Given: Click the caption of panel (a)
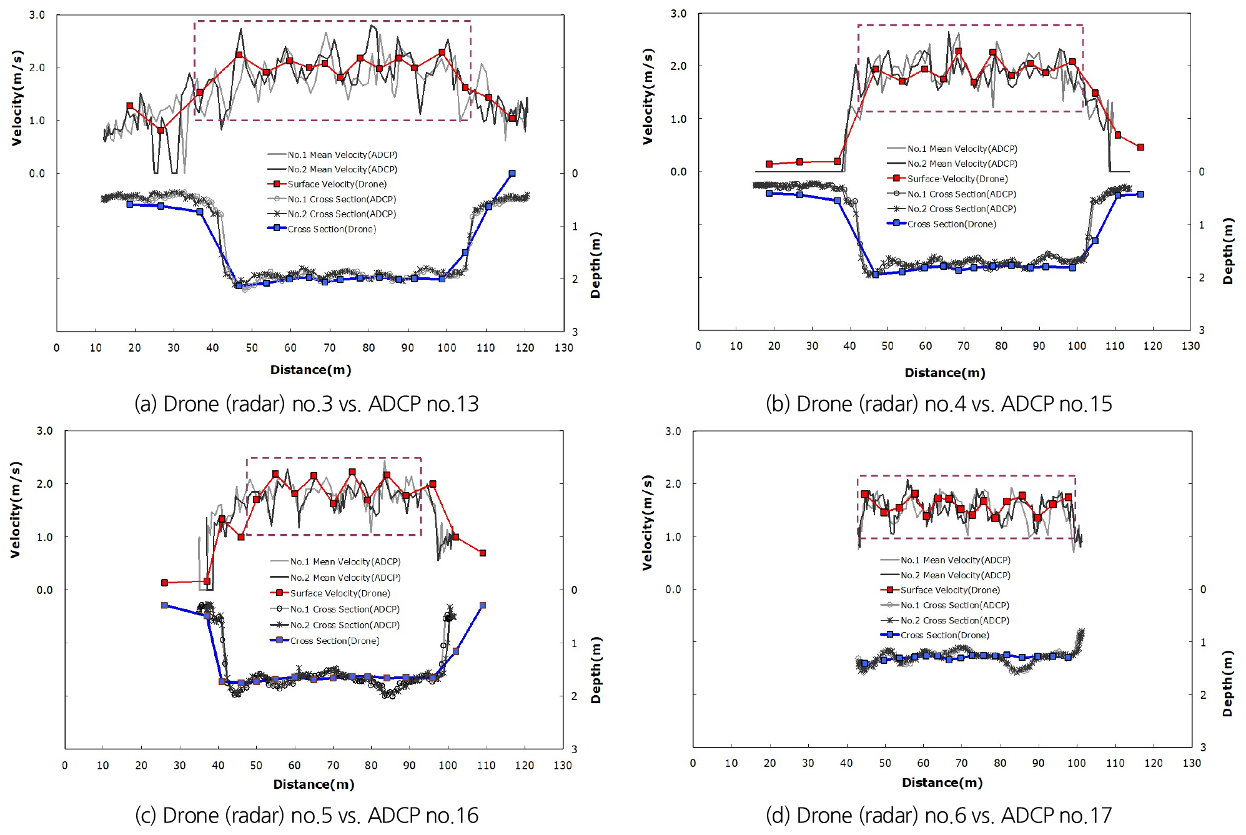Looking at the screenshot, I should (306, 404).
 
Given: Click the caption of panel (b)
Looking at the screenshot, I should (939, 404).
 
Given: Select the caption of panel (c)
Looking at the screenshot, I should (306, 815).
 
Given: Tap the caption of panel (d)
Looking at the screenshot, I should (939, 815).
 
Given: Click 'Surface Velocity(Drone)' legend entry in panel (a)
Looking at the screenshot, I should (337, 184).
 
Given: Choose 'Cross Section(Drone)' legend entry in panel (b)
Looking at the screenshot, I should (951, 224).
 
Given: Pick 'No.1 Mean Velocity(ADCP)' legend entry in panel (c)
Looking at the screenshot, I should (345, 561).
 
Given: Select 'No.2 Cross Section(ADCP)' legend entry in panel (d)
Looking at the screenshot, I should (954, 620).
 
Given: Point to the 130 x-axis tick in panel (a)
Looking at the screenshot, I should (563, 348).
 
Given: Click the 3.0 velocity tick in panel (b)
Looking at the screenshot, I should (678, 14).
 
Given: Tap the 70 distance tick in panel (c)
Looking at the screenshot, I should (333, 765).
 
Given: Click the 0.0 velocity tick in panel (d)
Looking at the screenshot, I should (673, 589).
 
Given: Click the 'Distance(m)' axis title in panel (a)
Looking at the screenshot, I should (310, 370).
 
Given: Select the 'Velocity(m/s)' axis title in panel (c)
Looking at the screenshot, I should (16, 509).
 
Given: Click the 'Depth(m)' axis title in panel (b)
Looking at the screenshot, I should (1228, 250).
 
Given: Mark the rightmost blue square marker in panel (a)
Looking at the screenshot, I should (512, 174).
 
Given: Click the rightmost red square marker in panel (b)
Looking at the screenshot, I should (1140, 147).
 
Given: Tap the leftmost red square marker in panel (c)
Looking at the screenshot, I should (165, 583).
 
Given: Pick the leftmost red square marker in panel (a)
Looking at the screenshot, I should (130, 106).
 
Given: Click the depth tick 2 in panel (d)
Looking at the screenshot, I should (1203, 694).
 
